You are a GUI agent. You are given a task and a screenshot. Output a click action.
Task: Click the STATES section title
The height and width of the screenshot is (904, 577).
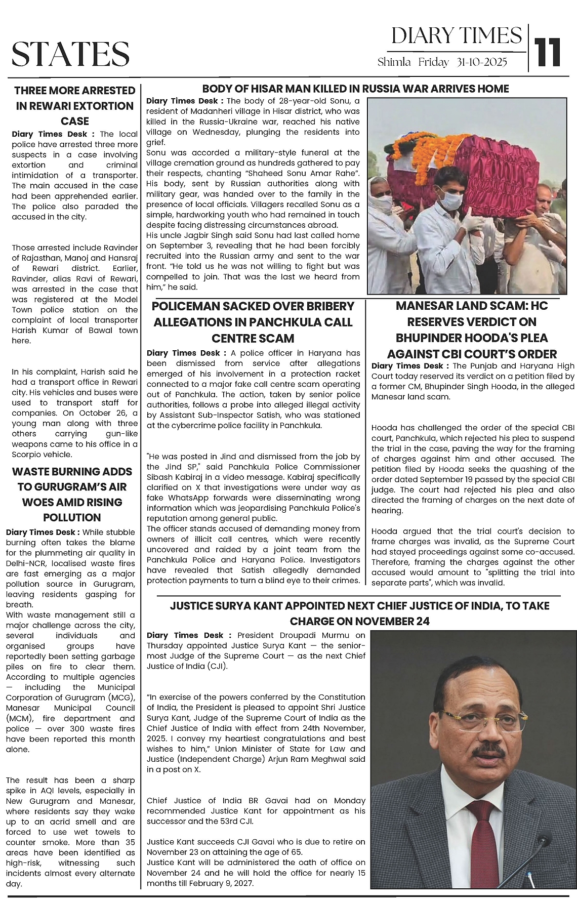pyautogui.click(x=70, y=54)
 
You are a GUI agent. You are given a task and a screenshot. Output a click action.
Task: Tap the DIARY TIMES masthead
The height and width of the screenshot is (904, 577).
pyautogui.click(x=456, y=35)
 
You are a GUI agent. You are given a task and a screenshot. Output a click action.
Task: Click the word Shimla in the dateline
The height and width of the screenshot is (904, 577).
pyautogui.click(x=395, y=62)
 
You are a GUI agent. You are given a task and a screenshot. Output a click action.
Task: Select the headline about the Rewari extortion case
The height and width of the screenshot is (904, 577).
pyautogui.click(x=75, y=106)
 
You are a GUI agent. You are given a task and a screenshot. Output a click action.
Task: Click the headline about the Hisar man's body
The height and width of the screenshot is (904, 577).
pyautogui.click(x=355, y=89)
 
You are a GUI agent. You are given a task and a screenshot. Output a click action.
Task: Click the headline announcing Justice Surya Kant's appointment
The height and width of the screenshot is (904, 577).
pyautogui.click(x=359, y=613)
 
